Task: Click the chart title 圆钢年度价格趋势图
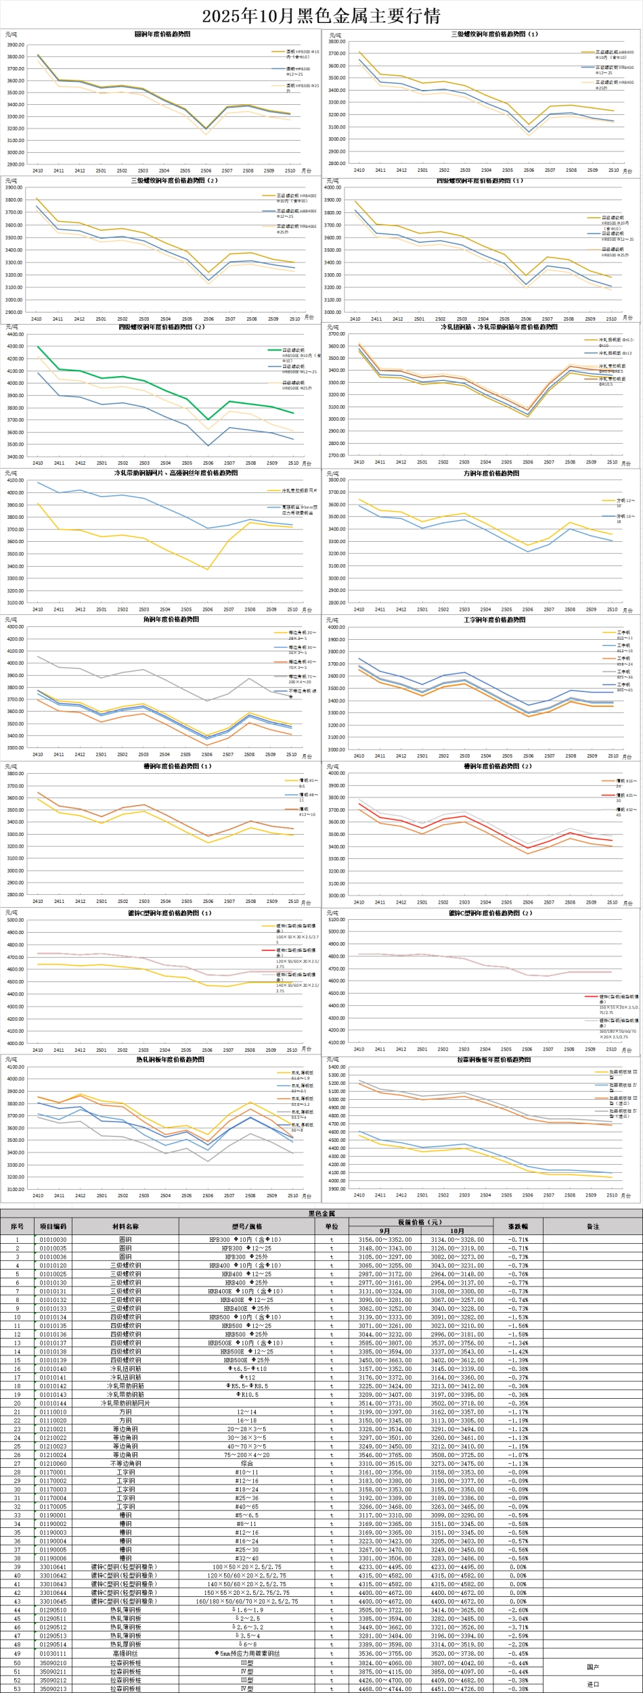point(162,34)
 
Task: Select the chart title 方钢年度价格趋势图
point(482,473)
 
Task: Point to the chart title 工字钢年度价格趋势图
point(482,620)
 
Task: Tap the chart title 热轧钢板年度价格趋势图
point(162,1060)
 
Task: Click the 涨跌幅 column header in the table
point(518,1226)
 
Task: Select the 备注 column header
point(593,1226)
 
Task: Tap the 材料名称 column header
point(125,1226)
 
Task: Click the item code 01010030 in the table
point(53,1240)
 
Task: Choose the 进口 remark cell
point(593,1684)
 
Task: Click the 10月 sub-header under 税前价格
point(458,1230)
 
